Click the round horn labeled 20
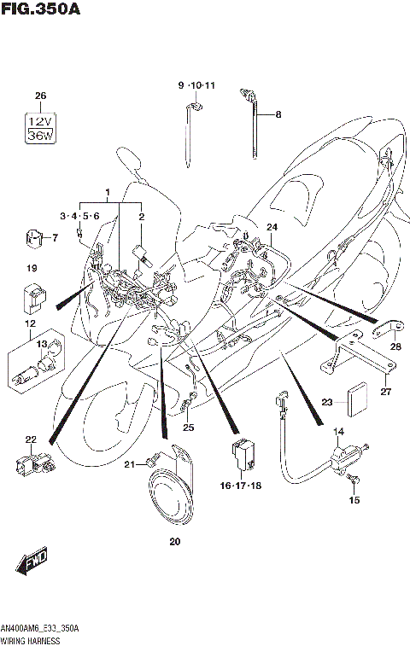[x=170, y=500]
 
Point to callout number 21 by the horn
[x=130, y=464]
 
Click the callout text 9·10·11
[x=196, y=86]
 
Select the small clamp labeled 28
[x=387, y=328]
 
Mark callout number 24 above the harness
[x=272, y=226]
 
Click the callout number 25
[x=188, y=427]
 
